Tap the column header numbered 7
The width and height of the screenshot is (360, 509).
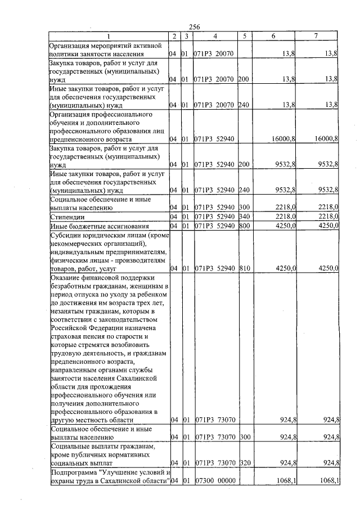[x=316, y=36]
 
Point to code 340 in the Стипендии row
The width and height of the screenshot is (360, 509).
[x=243, y=217]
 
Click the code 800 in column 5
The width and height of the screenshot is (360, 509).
[x=243, y=226]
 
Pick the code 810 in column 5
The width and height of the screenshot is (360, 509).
[x=243, y=269]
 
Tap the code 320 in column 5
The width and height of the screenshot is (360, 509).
[x=243, y=463]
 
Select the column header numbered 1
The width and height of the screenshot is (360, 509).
[x=107, y=36]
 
